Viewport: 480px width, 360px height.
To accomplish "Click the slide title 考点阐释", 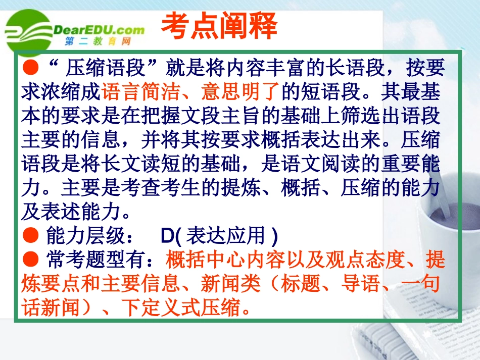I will point(218,26).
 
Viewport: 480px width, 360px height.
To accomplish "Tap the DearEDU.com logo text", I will point(99,29).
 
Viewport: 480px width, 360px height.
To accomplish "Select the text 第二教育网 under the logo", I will point(99,41).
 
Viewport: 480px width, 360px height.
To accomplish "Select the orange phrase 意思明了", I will point(240,92).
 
